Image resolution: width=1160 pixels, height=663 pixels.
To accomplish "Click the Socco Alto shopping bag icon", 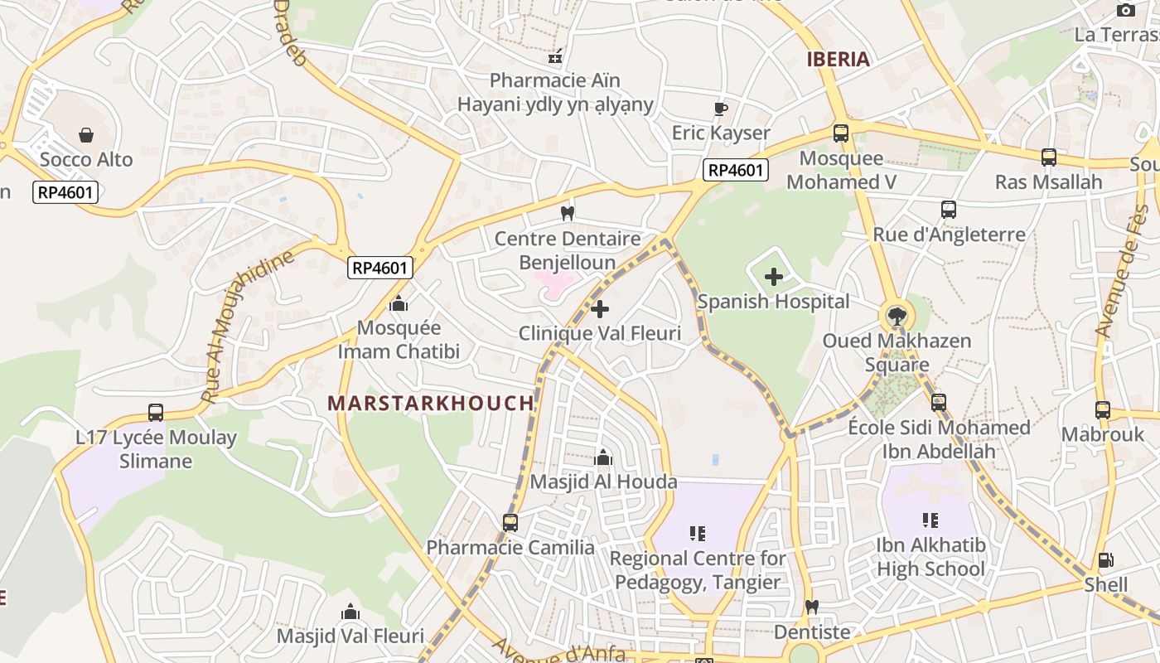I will pyautogui.click(x=86, y=135).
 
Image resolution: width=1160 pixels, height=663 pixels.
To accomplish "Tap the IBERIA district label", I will pyautogui.click(x=839, y=59).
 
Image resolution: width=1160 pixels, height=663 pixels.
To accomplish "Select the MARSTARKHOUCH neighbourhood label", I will pyautogui.click(x=431, y=403).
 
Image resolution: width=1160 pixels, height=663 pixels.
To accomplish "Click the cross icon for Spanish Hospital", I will pyautogui.click(x=773, y=277).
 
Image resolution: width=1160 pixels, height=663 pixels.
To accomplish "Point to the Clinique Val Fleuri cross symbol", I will pyautogui.click(x=600, y=310).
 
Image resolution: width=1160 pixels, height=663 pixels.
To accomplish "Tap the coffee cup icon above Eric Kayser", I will pyautogui.click(x=721, y=109).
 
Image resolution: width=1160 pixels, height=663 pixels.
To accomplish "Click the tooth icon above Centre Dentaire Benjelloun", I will pyautogui.click(x=568, y=214).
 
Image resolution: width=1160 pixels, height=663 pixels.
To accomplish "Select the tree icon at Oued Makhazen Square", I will pyautogui.click(x=897, y=316).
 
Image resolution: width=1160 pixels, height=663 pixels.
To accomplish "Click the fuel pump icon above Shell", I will pyautogui.click(x=1105, y=560).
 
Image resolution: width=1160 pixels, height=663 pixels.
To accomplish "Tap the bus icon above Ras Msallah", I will pyautogui.click(x=1048, y=157).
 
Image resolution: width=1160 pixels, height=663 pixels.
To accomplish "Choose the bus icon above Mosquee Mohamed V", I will pyautogui.click(x=841, y=133).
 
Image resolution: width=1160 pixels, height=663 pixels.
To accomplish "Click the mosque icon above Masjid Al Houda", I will pyautogui.click(x=603, y=457).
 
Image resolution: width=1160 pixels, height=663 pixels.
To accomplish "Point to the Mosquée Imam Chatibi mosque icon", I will pyautogui.click(x=399, y=303).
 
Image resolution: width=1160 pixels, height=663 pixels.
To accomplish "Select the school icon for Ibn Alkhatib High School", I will pyautogui.click(x=930, y=520).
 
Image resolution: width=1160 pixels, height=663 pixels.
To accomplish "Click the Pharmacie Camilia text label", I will pyautogui.click(x=510, y=547).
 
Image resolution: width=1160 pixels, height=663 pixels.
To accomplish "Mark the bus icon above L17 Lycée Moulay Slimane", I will pyautogui.click(x=156, y=412).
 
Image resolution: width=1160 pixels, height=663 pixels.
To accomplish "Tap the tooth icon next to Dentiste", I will pyautogui.click(x=812, y=607).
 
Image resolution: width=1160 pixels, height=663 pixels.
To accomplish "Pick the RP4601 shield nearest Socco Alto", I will pyautogui.click(x=65, y=192).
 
